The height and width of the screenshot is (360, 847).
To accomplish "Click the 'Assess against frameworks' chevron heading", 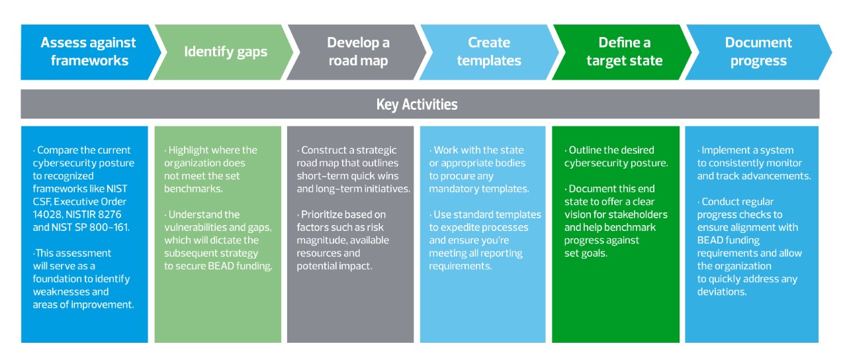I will [x=88, y=52].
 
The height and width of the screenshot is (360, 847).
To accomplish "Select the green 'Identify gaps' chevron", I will [x=226, y=52].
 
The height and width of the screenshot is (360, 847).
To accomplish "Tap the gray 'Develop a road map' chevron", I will [x=358, y=52].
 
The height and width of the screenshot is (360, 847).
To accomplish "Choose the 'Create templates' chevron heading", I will [x=489, y=52].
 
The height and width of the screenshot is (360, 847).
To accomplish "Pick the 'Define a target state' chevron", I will [x=624, y=52].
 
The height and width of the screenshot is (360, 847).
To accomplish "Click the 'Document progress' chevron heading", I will [x=758, y=52].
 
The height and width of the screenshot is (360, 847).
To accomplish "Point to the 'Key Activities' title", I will [x=417, y=105].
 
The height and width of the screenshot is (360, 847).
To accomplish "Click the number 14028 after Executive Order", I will [x=46, y=214].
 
